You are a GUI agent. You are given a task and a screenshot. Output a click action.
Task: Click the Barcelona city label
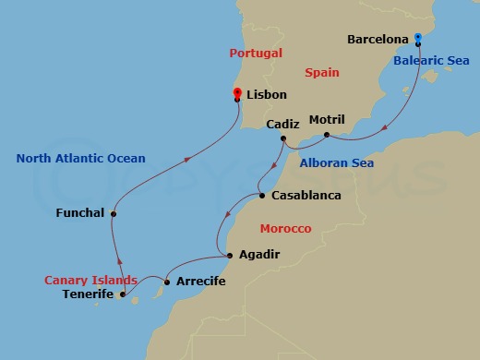(378, 40)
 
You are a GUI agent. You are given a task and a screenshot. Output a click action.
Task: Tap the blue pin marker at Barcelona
(418, 39)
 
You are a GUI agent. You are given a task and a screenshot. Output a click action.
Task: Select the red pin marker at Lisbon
(237, 93)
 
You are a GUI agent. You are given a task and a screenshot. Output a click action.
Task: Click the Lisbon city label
(267, 94)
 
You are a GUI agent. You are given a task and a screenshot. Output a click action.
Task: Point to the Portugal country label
(256, 54)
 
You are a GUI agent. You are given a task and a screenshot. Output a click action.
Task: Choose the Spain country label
(322, 72)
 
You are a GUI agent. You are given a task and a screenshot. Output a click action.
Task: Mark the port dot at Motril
(327, 135)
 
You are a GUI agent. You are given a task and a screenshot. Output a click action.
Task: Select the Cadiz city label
(282, 124)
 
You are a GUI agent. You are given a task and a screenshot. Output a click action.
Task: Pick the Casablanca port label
(306, 196)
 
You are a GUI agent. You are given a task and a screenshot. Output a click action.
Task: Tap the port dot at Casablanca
(262, 196)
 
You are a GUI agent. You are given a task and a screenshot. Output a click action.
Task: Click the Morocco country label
(285, 228)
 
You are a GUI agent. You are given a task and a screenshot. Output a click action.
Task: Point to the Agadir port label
(258, 254)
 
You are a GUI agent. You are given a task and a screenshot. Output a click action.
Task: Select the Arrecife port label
(200, 281)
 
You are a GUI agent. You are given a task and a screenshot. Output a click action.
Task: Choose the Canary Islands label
(91, 280)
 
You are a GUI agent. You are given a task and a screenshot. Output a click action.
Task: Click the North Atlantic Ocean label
(80, 158)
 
